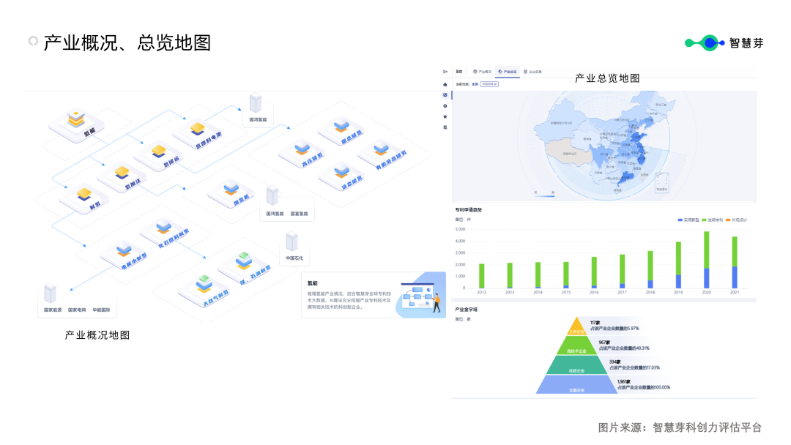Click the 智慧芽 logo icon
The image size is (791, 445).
tap(705, 43)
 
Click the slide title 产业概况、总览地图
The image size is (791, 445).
tap(127, 43)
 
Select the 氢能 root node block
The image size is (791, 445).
tap(77, 122)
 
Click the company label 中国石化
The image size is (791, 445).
tap(294, 258)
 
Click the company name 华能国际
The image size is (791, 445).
tap(101, 310)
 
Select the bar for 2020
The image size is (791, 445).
tap(706, 260)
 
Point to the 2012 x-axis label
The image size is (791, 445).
tap(481, 292)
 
